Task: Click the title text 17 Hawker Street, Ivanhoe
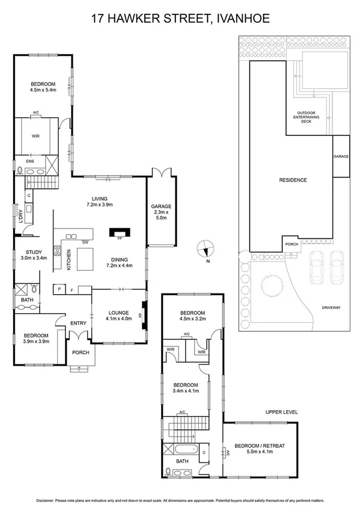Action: pyautogui.click(x=180, y=19)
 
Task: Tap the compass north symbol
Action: pyautogui.click(x=206, y=247)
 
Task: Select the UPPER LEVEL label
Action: pyautogui.click(x=281, y=412)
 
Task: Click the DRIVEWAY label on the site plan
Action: pyautogui.click(x=331, y=307)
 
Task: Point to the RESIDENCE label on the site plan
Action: pyautogui.click(x=293, y=180)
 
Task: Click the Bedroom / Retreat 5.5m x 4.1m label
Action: pyautogui.click(x=260, y=449)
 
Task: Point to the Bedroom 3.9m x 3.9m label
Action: pyautogui.click(x=35, y=339)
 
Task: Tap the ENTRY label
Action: pyautogui.click(x=79, y=324)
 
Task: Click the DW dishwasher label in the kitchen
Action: pyautogui.click(x=86, y=242)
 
